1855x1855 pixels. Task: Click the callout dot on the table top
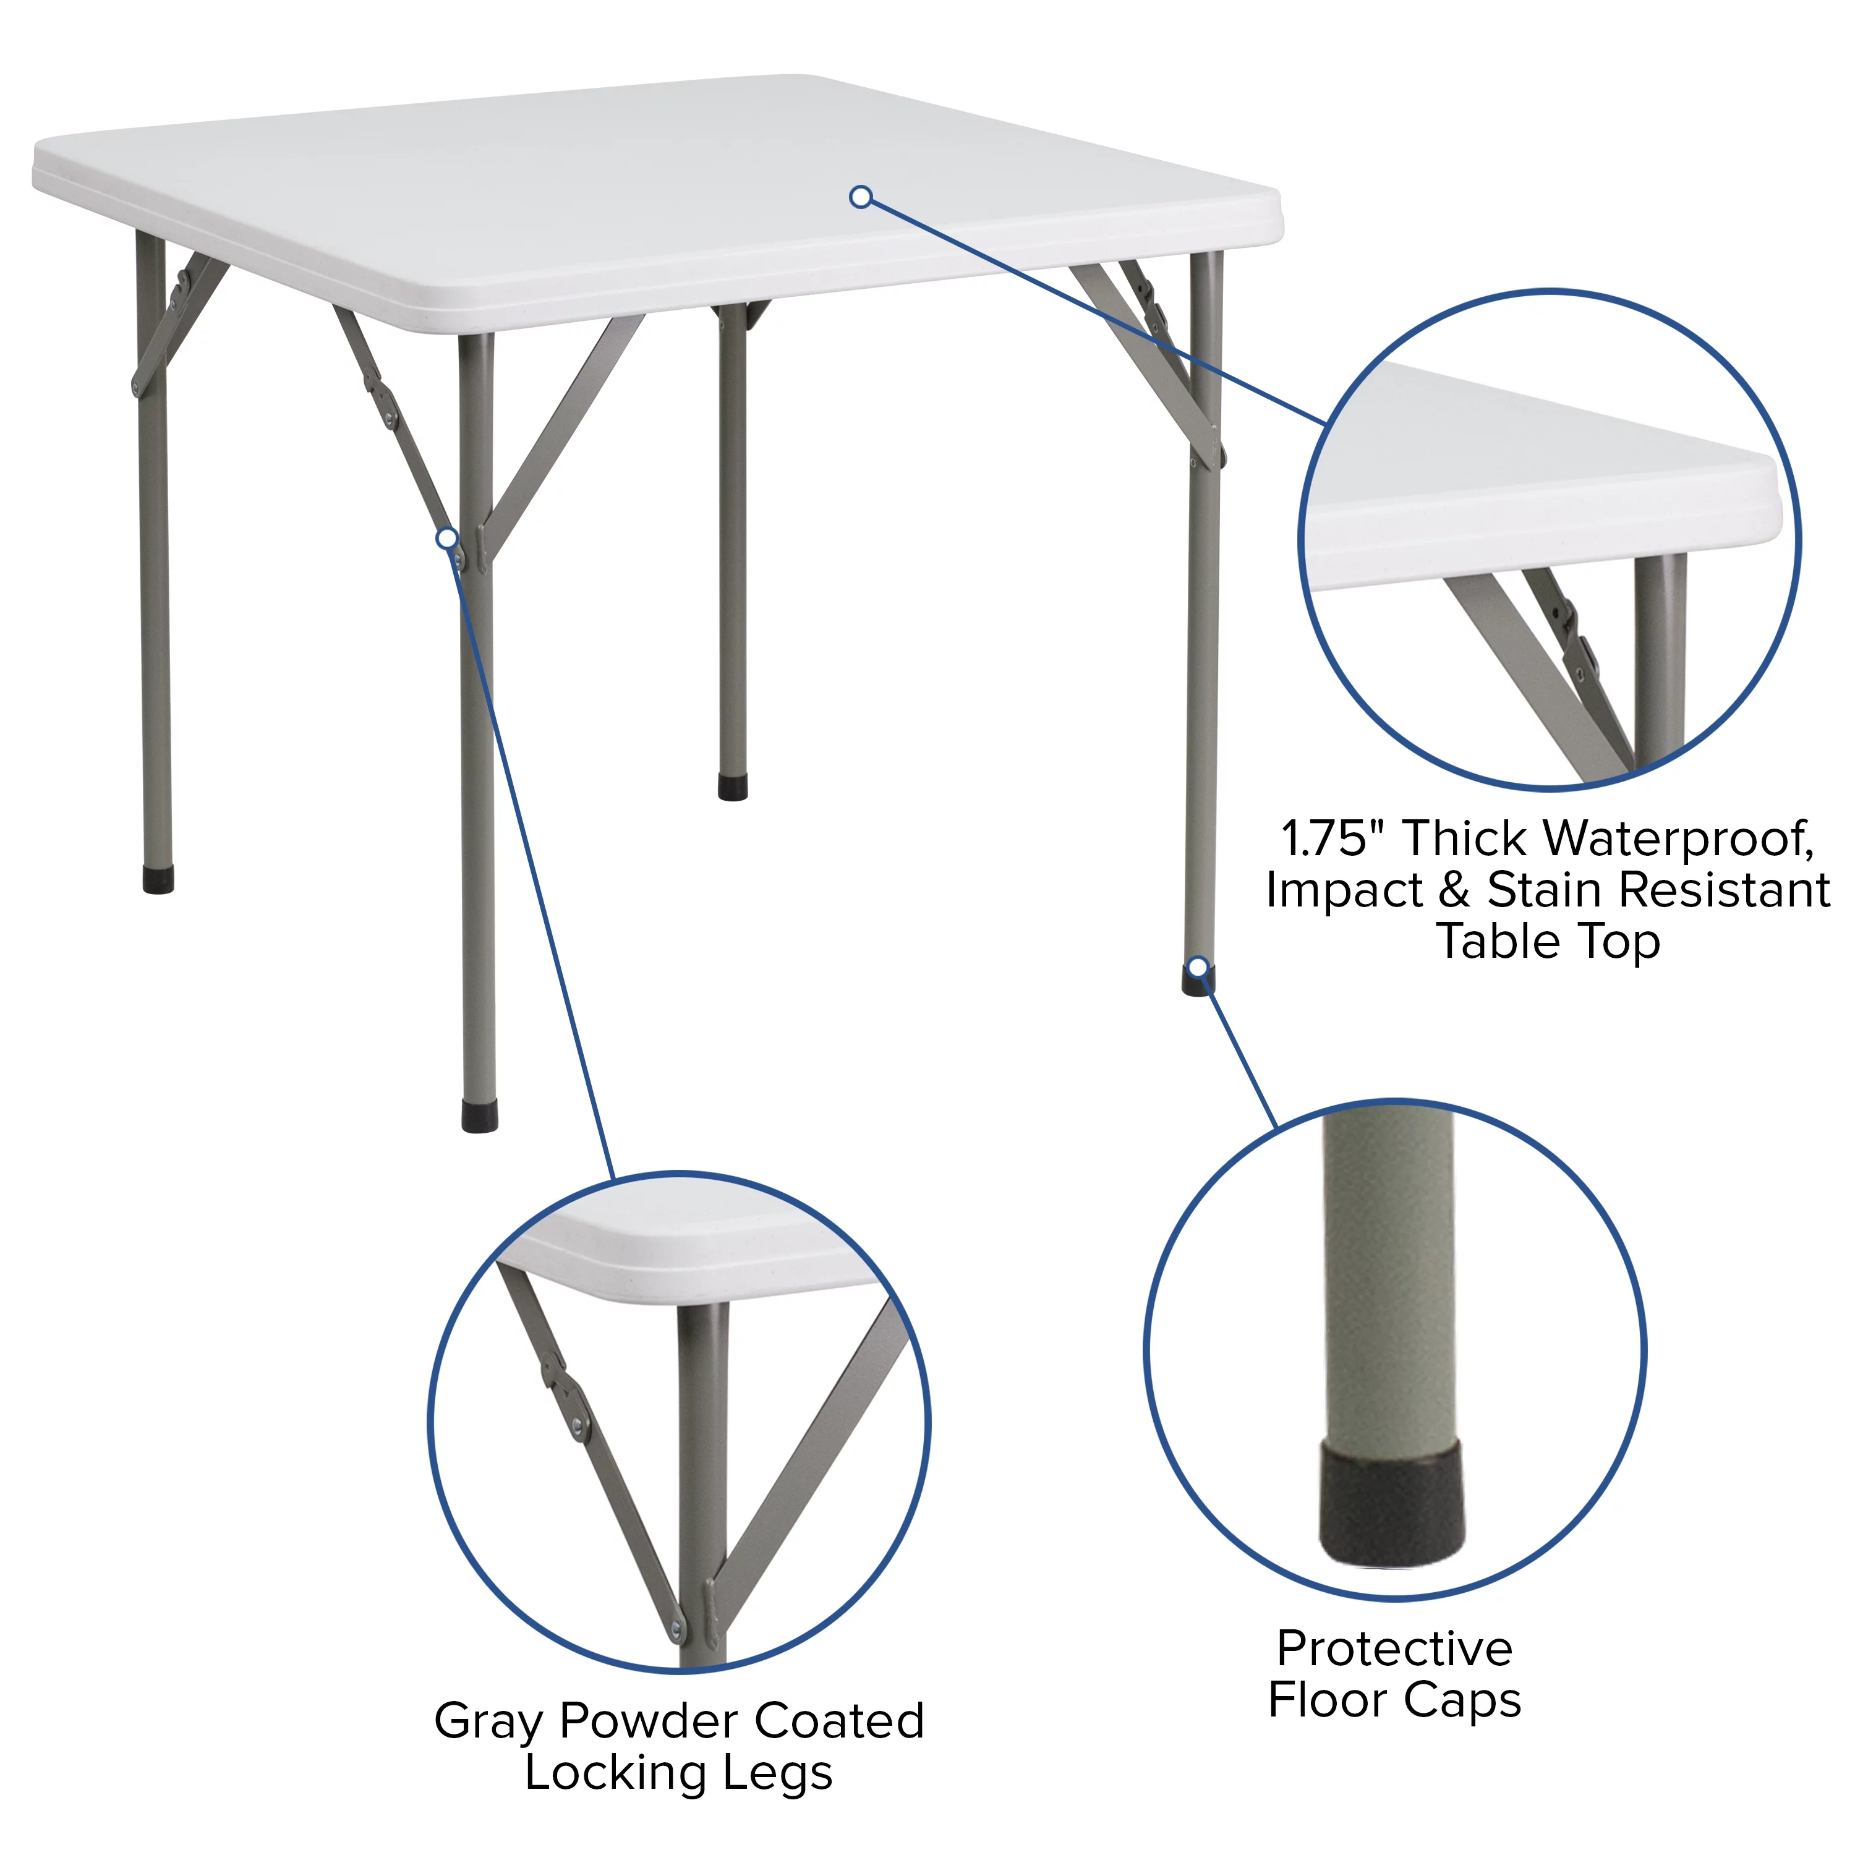coord(861,197)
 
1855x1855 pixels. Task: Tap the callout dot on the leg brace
coord(446,539)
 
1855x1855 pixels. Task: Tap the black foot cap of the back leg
coord(733,787)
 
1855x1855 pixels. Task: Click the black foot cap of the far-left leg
coord(158,881)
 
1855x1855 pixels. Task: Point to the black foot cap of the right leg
coord(1198,981)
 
